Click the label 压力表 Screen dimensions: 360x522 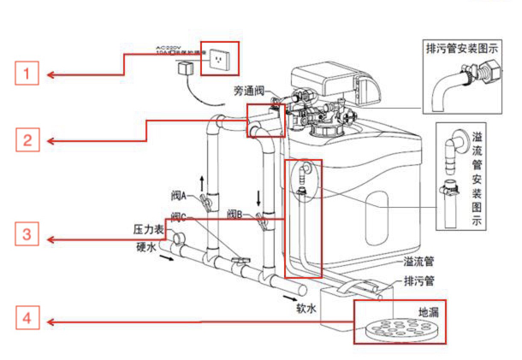147,231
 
